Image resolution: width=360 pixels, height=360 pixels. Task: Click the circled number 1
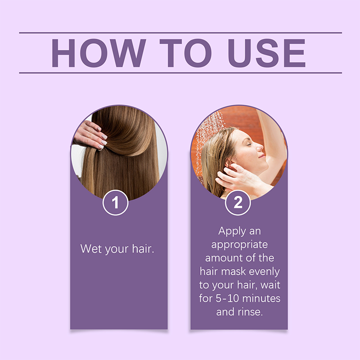pyautogui.click(x=116, y=202)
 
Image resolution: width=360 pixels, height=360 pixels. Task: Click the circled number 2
pyautogui.click(x=238, y=202)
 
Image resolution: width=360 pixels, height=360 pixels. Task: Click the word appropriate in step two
pyautogui.click(x=239, y=245)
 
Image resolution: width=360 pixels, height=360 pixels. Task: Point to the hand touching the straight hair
pyautogui.click(x=90, y=135)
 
